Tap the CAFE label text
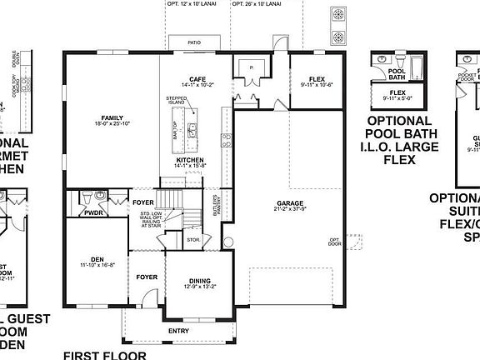coord(197,78)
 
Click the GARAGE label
coord(291,203)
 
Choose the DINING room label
coord(199,281)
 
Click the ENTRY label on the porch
coord(178,331)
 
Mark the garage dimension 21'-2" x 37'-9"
coord(291,210)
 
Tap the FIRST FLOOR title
coord(104,354)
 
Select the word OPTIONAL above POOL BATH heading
coord(398,122)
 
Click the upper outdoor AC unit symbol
coord(338,15)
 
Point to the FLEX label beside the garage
coord(315,79)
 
